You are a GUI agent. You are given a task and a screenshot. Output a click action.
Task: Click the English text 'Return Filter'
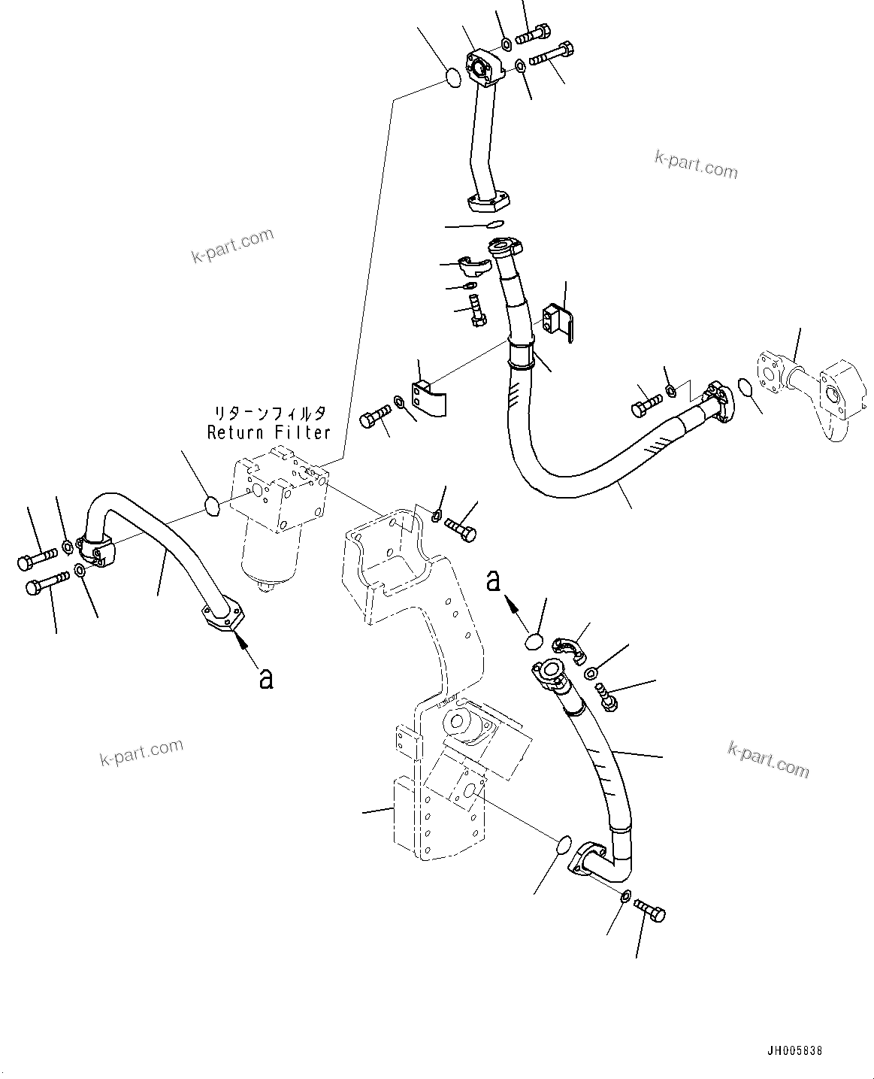click(268, 432)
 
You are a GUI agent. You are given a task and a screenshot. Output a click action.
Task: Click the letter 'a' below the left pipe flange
click(265, 678)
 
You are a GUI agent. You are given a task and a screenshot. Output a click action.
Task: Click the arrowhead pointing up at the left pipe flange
click(240, 640)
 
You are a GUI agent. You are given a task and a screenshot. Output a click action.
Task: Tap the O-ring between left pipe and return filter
click(213, 507)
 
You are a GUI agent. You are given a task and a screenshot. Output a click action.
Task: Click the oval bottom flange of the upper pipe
click(489, 202)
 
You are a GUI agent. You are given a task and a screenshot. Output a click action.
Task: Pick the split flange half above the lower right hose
click(570, 649)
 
